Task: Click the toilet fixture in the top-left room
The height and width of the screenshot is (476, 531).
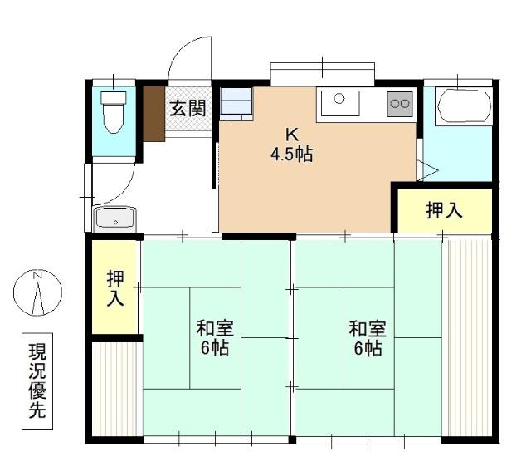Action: [112, 111]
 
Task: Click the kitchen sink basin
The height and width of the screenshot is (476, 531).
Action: [339, 104]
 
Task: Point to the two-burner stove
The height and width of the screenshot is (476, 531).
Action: [400, 104]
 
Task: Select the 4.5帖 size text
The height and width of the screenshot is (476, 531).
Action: [291, 154]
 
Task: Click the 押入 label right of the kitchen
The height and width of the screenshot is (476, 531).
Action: [444, 211]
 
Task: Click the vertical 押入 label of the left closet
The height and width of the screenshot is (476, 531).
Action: [115, 287]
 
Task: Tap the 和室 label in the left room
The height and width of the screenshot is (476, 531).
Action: [215, 327]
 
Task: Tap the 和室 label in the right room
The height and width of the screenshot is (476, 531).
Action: [368, 327]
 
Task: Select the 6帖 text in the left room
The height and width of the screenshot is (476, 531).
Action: [215, 348]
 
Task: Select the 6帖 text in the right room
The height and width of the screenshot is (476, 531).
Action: [368, 348]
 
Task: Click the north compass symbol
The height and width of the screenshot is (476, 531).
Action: [37, 293]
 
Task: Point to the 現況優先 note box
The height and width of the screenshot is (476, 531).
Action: [37, 383]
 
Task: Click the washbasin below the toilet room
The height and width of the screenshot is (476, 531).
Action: [114, 218]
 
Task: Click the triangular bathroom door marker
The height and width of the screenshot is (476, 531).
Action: [427, 170]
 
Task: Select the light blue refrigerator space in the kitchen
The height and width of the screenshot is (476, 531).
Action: [236, 102]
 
